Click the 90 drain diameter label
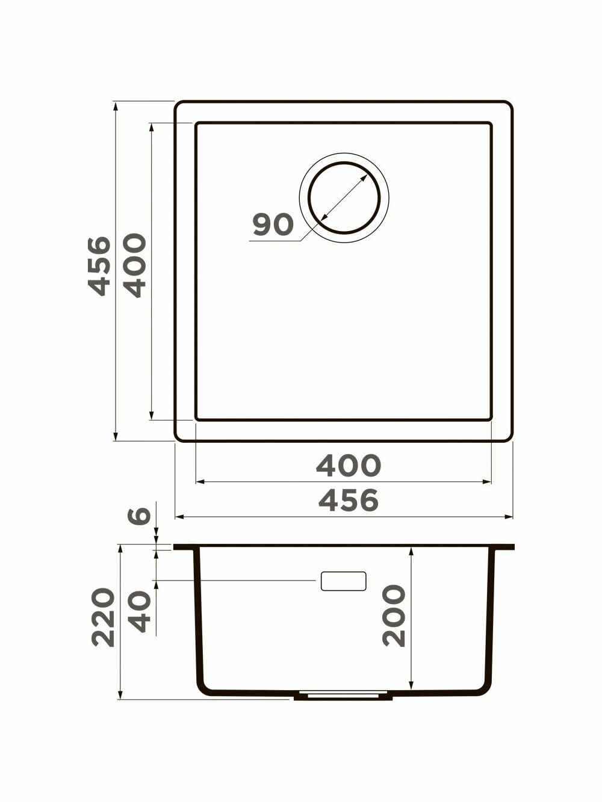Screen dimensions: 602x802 (273, 224)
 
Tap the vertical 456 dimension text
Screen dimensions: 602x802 (99, 266)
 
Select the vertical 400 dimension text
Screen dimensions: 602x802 (135, 265)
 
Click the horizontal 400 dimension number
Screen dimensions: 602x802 (349, 466)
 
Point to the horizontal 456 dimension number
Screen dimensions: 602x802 (349, 501)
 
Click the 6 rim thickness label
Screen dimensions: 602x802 (139, 516)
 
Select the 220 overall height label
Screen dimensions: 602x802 (103, 617)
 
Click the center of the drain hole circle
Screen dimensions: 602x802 (344, 198)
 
